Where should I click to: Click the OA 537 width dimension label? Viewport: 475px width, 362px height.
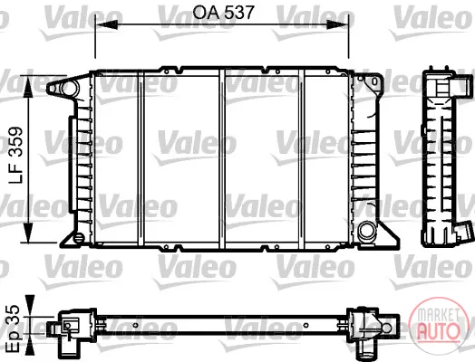click(x=223, y=13)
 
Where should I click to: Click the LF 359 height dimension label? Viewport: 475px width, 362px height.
click(x=15, y=155)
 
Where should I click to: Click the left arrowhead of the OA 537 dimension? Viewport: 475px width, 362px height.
click(x=106, y=25)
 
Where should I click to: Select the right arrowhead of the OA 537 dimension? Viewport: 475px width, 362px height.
click(x=337, y=25)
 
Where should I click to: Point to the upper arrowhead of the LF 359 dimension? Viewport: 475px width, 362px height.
click(x=28, y=86)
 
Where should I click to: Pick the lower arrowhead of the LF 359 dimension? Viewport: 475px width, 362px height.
click(x=28, y=232)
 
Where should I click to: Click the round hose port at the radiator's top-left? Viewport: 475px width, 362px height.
click(x=69, y=88)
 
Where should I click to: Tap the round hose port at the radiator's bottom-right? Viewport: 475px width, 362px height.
click(x=366, y=232)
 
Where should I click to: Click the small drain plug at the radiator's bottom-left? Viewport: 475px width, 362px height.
click(x=79, y=237)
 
